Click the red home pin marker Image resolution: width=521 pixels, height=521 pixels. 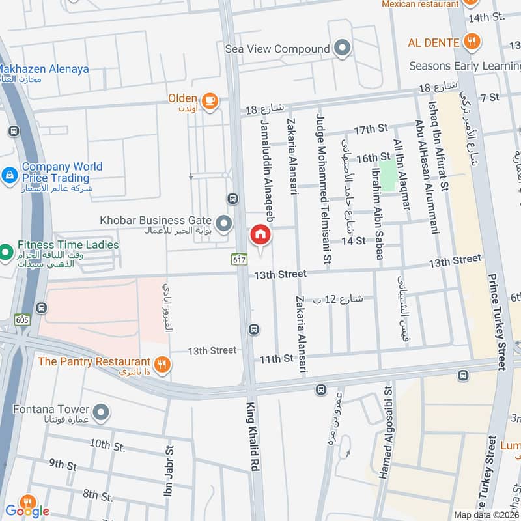pyautogui.click(x=260, y=234)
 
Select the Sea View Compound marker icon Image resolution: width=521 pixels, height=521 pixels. pyautogui.click(x=341, y=48)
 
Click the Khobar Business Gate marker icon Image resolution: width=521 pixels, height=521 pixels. pyautogui.click(x=224, y=225)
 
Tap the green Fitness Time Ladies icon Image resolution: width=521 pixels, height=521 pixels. pyautogui.click(x=6, y=251)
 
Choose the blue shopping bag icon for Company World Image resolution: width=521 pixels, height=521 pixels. pyautogui.click(x=9, y=175)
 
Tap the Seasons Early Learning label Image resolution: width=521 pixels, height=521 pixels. pyautogui.click(x=464, y=66)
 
